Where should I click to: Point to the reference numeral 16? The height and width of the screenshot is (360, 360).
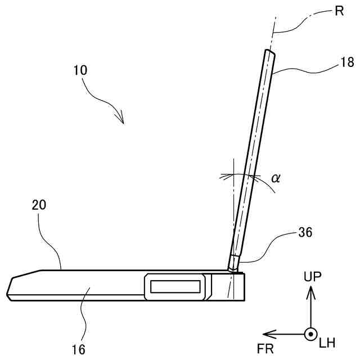point(79,349)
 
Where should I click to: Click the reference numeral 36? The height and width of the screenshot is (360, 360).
point(305,231)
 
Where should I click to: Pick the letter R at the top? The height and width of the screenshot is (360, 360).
point(339,11)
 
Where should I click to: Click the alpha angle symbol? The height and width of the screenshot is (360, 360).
point(275,178)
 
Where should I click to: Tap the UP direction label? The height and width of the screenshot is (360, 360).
point(313,276)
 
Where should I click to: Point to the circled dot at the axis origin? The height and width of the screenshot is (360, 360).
point(309,334)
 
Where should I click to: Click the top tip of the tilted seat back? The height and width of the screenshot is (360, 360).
point(271,51)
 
